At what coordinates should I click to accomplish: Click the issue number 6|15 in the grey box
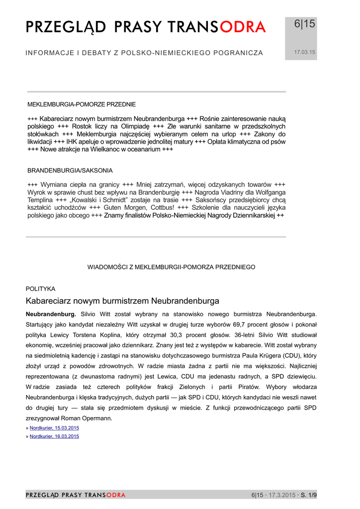point(304,24)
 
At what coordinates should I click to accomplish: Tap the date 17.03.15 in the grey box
point(304,52)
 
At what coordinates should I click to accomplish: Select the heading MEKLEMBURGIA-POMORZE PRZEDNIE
point(82,104)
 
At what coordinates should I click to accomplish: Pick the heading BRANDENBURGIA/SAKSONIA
point(70,170)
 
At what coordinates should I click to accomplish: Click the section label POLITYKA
point(40,289)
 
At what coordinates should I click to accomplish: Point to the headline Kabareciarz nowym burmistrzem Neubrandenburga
point(122,301)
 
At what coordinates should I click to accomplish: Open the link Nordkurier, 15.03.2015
point(54,428)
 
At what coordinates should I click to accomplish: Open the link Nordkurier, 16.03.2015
point(54,436)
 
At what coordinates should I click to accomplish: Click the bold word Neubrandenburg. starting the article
point(51,314)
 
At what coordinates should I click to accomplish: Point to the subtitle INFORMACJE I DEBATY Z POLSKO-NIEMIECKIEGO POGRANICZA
point(144,53)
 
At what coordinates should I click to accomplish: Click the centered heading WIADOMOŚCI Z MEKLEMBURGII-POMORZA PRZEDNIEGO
point(172,267)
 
